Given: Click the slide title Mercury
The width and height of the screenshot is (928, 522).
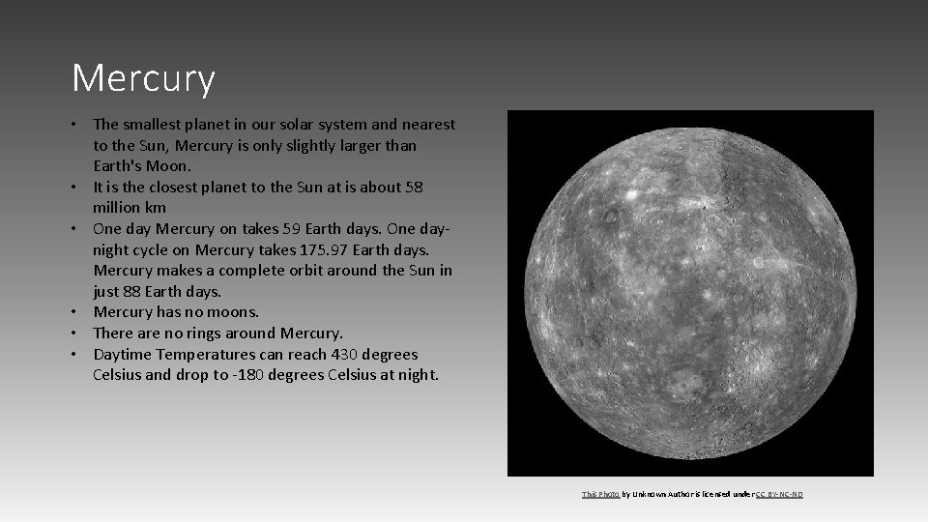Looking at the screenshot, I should pos(143,78).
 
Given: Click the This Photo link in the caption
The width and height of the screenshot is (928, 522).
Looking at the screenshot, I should pos(600,494).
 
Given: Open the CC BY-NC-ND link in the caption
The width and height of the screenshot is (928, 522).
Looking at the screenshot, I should pos(778,494).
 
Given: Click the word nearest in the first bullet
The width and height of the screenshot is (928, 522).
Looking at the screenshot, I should pos(424,124).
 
